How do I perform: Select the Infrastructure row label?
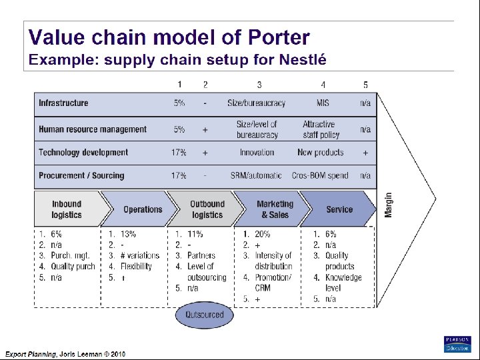tap(63, 103)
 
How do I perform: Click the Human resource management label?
tap(93, 129)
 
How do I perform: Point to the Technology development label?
tap(83, 153)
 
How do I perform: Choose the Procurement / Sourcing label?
tap(81, 175)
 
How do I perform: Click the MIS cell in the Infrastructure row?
tap(323, 103)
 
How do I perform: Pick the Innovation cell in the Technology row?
tap(257, 153)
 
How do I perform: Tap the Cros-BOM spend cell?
tap(320, 175)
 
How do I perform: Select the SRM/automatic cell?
tap(257, 175)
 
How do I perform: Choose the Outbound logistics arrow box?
tap(207, 209)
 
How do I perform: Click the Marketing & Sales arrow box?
tap(274, 209)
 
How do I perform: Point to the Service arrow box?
tap(339, 209)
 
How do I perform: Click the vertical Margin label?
tap(389, 205)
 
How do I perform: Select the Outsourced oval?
tap(205, 315)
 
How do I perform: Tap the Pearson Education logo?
tap(457, 343)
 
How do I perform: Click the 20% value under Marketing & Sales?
tap(262, 234)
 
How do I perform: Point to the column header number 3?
tap(259, 85)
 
